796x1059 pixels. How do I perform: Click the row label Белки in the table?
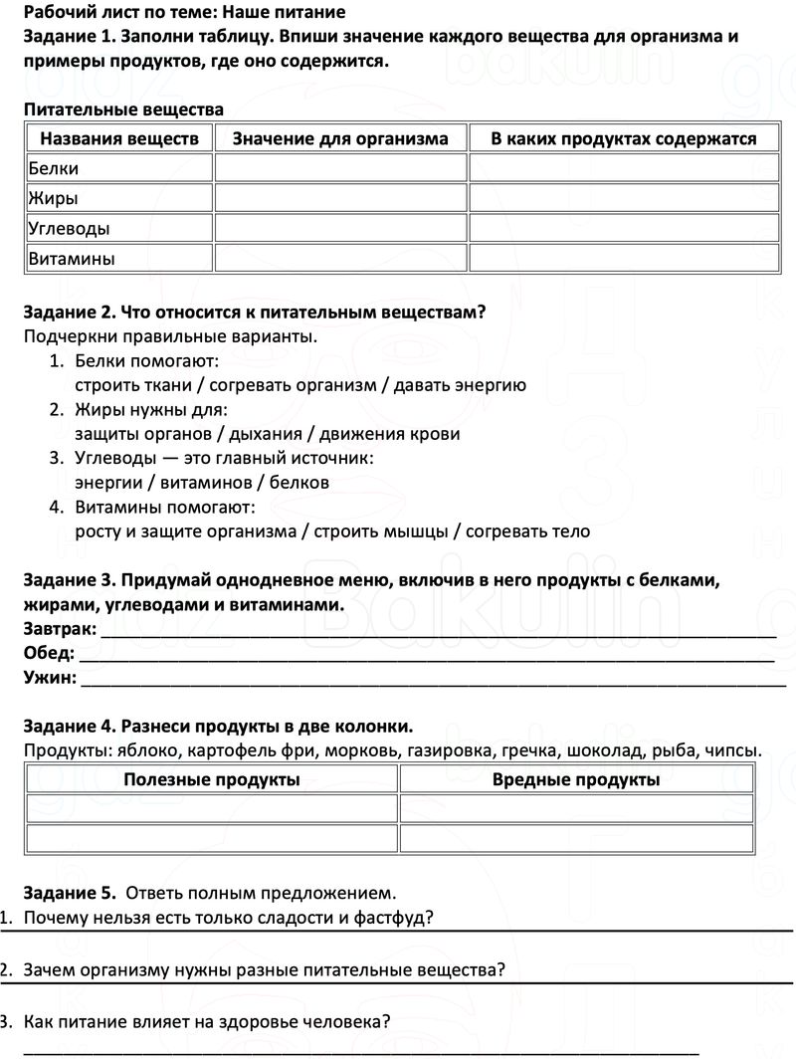click(54, 168)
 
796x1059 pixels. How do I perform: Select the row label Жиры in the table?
click(53, 198)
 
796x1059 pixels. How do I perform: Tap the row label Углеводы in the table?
click(69, 228)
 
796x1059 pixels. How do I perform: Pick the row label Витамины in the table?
click(71, 258)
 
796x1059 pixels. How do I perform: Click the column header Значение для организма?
click(340, 138)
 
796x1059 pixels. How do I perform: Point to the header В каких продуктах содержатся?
click(624, 138)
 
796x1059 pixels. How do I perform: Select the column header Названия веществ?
click(119, 138)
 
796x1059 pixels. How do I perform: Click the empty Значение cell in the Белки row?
click(340, 168)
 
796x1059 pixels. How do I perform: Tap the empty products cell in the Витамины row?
click(624, 258)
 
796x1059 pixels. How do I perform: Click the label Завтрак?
click(60, 629)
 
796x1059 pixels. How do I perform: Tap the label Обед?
click(49, 654)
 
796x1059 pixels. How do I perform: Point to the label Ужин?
click(50, 679)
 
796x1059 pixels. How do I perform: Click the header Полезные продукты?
click(212, 779)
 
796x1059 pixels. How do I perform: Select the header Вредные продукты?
click(576, 779)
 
